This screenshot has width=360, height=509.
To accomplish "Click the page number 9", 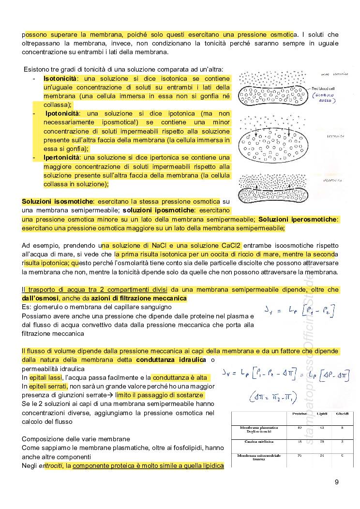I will point(336,482).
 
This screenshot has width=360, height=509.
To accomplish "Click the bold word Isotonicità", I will point(62,78).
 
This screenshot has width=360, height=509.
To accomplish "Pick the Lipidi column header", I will point(322,414).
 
